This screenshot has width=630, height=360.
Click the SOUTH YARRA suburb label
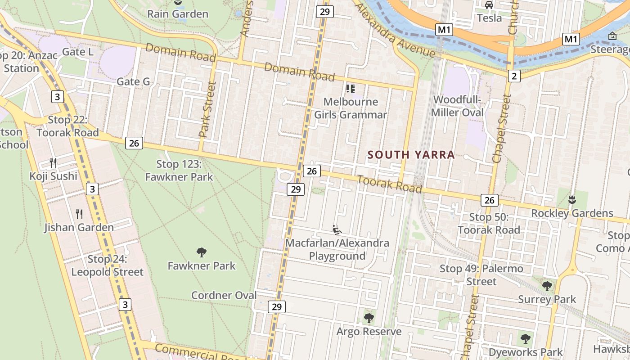(x=411, y=155)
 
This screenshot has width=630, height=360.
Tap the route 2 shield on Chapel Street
(x=514, y=76)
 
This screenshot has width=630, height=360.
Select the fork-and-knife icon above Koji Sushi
(x=53, y=162)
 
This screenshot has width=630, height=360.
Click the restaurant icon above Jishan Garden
(x=79, y=214)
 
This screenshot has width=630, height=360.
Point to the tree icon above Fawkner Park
(x=202, y=252)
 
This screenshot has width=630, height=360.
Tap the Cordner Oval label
(x=224, y=296)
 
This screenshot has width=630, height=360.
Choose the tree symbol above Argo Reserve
(x=369, y=318)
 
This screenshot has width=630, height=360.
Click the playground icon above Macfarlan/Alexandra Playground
(x=337, y=230)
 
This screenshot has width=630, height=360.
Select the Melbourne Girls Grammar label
(x=351, y=108)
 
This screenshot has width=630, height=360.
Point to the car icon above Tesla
(x=489, y=5)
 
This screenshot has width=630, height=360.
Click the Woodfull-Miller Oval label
(x=457, y=106)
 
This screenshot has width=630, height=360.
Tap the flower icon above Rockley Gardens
(x=572, y=199)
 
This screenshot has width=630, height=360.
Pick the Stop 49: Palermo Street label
(x=481, y=275)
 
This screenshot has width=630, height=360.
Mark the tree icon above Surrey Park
(x=547, y=286)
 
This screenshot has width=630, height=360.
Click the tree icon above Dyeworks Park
(x=525, y=338)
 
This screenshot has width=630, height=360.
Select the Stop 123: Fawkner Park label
(x=179, y=171)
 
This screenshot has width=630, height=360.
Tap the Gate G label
(x=133, y=81)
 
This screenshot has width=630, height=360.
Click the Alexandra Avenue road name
(x=395, y=30)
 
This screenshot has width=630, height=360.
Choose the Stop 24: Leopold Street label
(x=107, y=265)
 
